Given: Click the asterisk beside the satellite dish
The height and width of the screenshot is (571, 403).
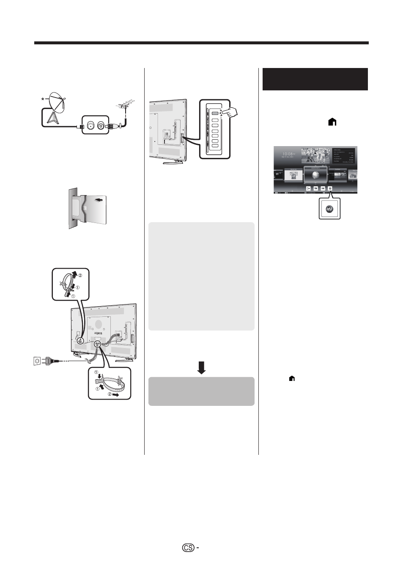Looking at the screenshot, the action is (x=43, y=100).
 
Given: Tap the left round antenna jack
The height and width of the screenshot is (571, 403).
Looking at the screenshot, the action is (x=90, y=125).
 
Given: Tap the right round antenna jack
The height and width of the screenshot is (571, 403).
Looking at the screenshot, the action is (x=101, y=125).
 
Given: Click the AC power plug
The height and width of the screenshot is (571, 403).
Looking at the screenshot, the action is (x=49, y=361).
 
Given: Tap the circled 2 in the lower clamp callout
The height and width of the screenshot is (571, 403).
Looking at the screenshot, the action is (x=109, y=394).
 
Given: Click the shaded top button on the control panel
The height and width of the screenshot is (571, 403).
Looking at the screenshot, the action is (x=215, y=113).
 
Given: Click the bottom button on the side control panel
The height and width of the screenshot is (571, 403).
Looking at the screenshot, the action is (x=215, y=146).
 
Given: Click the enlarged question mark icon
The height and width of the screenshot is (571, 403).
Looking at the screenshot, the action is (x=329, y=209).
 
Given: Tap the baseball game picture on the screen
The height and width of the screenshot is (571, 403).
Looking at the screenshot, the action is (x=316, y=156).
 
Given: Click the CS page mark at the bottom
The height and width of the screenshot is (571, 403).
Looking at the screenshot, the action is (x=188, y=548).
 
